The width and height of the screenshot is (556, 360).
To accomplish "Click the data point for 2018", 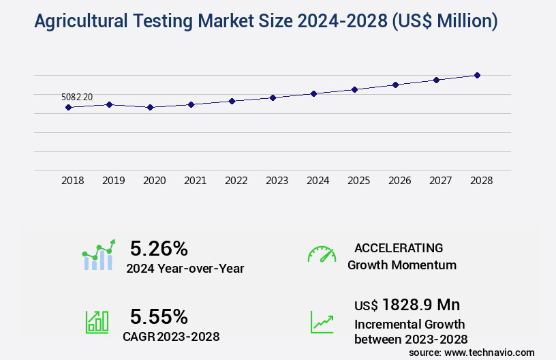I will click(68, 107).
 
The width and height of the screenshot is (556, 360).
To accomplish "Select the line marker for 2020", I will click(150, 107).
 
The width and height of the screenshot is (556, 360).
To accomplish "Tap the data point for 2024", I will click(313, 93).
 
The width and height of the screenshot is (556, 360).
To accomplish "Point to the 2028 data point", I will click(477, 75).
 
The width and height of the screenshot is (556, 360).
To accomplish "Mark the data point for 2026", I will click(395, 85).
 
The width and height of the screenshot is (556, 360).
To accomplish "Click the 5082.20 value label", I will click(77, 97).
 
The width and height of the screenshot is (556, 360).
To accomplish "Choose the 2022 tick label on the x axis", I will click(236, 181).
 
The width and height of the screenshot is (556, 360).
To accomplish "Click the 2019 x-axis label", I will click(113, 181).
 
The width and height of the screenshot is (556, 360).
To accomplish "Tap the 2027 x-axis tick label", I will click(440, 181).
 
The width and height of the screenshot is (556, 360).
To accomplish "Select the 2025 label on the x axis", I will click(358, 181).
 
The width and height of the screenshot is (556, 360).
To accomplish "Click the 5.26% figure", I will click(159, 248).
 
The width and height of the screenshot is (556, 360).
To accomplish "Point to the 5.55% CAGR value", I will click(159, 316).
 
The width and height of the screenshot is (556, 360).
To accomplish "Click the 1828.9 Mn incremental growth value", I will click(420, 305).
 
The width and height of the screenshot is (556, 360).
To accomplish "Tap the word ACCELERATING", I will click(399, 248).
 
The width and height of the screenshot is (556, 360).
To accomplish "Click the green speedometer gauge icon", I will click(322, 254).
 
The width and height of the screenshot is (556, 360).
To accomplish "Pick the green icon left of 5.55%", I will click(97, 321).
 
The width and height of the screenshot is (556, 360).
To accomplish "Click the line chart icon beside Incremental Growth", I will click(322, 321).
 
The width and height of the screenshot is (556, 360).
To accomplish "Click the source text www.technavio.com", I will click(489, 352).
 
